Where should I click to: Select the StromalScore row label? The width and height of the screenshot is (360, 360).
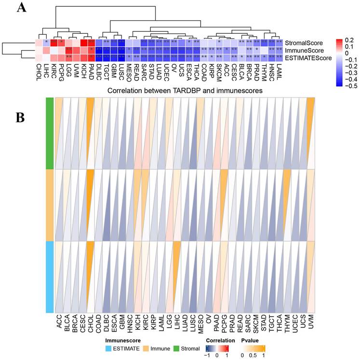pos(303,42)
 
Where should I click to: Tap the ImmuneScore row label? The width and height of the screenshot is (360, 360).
pos(304,50)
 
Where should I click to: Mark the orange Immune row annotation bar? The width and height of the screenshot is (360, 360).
pos(50,205)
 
